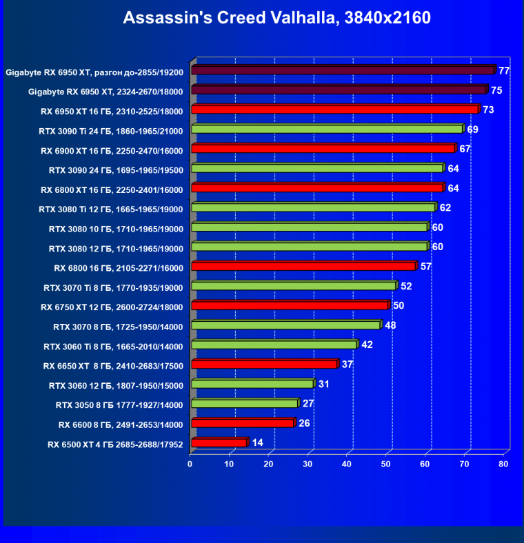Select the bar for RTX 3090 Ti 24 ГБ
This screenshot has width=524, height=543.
click(326, 129)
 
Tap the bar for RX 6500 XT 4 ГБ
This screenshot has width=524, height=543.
click(219, 442)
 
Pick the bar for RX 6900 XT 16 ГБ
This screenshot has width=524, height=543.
click(323, 148)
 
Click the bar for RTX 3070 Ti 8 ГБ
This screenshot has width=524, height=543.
click(293, 286)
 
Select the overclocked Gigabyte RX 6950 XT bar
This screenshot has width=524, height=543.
click(343, 70)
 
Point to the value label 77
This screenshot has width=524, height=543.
click(504, 70)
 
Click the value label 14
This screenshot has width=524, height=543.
click(257, 442)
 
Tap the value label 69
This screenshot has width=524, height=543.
click(473, 129)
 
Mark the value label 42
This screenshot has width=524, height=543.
click(367, 345)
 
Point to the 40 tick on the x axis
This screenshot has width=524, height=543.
click(347, 464)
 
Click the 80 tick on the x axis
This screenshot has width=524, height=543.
click(504, 464)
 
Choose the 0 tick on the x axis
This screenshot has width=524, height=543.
click(190, 464)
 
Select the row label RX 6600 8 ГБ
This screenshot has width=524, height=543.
click(121, 424)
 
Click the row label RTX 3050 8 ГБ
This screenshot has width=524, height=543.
click(119, 404)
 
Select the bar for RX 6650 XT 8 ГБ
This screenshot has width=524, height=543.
click(263, 365)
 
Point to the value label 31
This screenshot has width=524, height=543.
click(323, 384)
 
